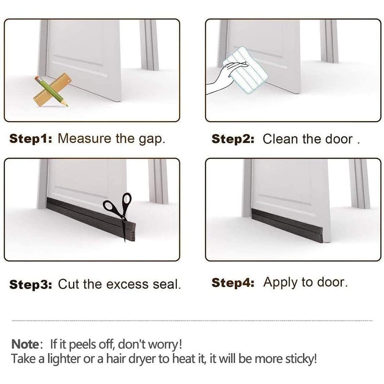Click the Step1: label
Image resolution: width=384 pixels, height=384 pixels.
pyautogui.click(x=31, y=139)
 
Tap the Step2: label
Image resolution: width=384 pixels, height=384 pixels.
pyautogui.click(x=233, y=139)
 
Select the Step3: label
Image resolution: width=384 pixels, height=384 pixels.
pyautogui.click(x=31, y=285)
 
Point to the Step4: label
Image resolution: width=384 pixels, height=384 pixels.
pyautogui.click(x=233, y=283)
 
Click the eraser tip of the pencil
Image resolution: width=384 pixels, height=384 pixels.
pyautogui.click(x=37, y=78)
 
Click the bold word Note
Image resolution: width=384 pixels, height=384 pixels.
pyautogui.click(x=25, y=344)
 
